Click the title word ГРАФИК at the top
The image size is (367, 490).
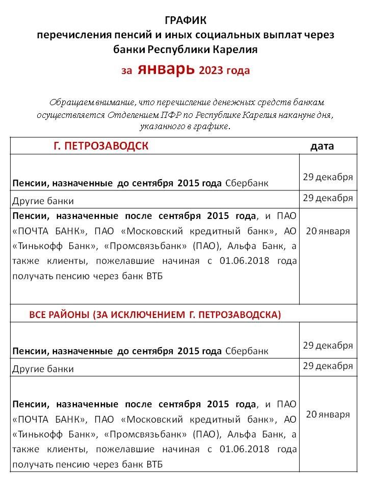click(x=186, y=20)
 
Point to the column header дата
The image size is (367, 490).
click(x=322, y=146)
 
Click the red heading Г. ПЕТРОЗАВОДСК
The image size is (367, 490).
click(x=101, y=146)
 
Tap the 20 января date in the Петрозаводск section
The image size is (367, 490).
click(x=328, y=231)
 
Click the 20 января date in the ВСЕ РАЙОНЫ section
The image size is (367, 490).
click(x=328, y=414)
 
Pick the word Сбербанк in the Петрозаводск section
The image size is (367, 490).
click(x=246, y=183)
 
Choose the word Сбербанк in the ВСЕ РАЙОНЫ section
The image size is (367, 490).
click(x=246, y=351)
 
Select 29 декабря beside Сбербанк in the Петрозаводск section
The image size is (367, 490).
click(x=328, y=177)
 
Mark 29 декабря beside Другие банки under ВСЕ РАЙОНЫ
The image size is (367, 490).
click(x=328, y=365)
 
